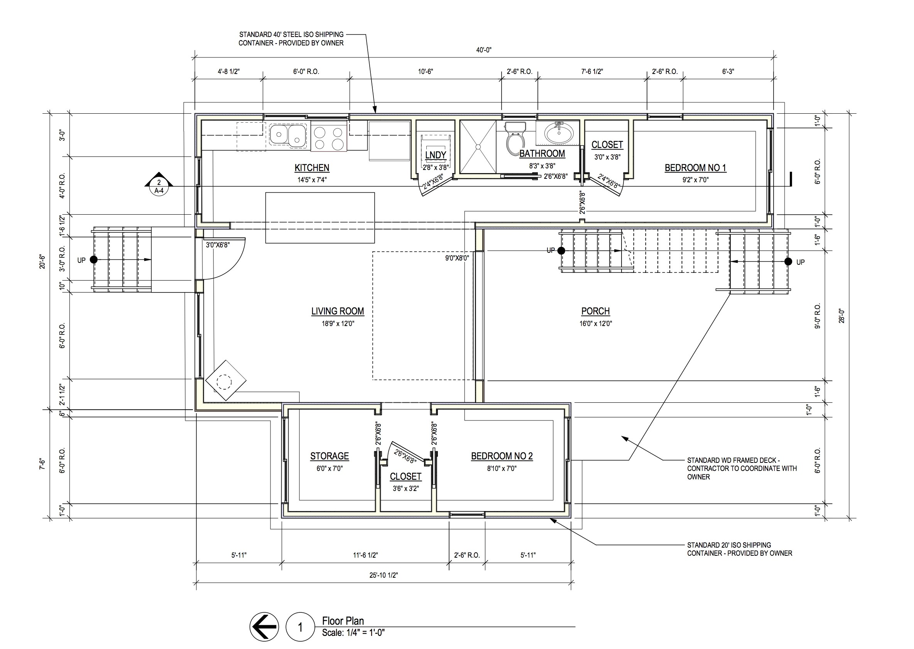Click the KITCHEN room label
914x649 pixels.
tap(312, 168)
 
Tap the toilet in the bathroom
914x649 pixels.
tap(514, 140)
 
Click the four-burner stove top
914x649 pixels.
tap(328, 138)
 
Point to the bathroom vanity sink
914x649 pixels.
tap(558, 134)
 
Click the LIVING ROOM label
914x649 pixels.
tap(338, 311)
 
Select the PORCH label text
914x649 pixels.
tap(595, 311)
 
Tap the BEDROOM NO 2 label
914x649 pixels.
tap(502, 456)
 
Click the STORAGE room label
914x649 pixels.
tap(329, 456)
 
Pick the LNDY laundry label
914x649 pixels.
tap(436, 155)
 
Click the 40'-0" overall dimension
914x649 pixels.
tap(483, 50)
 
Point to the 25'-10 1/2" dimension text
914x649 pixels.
tap(384, 575)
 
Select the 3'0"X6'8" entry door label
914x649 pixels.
tap(218, 245)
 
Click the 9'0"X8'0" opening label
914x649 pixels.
tap(457, 258)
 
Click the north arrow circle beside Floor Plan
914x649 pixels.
tap(264, 627)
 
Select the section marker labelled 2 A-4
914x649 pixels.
tap(159, 185)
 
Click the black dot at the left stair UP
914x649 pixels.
tap(94, 260)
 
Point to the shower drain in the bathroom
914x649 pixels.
tap(478, 147)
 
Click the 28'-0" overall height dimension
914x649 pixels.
tap(841, 316)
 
